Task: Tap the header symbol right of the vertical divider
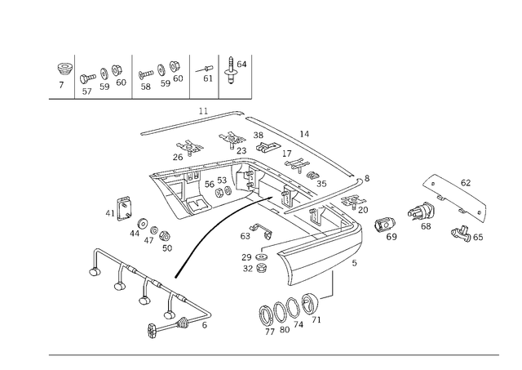[234, 71]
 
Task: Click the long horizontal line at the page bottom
[273, 353]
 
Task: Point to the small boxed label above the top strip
[201, 109]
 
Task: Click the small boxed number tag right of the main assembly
[391, 237]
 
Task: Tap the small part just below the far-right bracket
[467, 235]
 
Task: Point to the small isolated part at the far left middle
[119, 207]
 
